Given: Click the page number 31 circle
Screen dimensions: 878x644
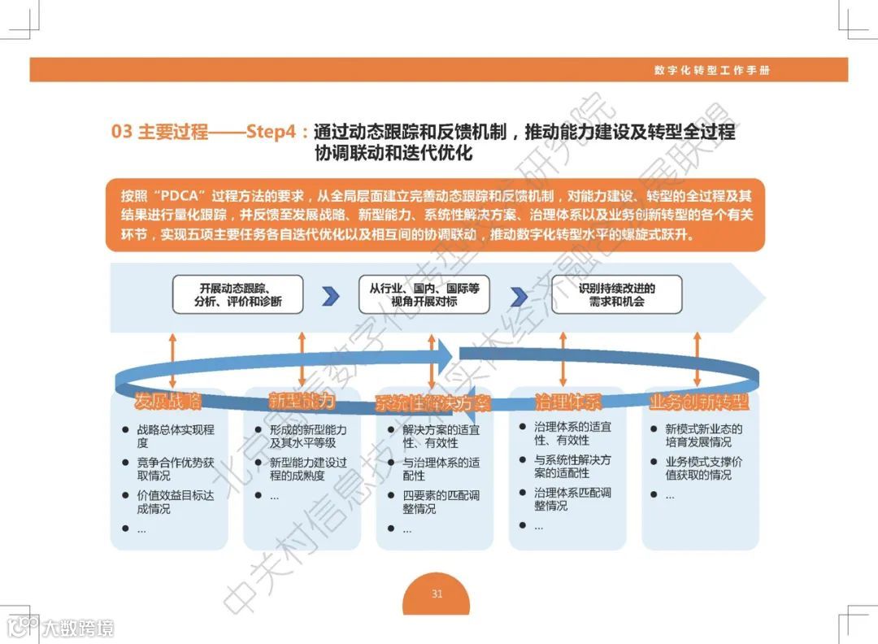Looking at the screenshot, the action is click(x=437, y=594).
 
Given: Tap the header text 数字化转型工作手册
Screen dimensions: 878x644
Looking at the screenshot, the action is click(x=711, y=70).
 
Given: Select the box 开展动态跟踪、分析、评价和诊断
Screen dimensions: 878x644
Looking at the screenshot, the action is click(x=237, y=294).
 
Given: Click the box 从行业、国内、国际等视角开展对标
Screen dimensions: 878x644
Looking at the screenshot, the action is click(x=424, y=294).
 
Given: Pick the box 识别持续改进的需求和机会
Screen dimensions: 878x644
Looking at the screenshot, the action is click(x=616, y=294).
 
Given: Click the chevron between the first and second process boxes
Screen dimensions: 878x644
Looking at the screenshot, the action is click(x=330, y=296).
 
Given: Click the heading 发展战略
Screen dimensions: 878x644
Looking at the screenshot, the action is click(x=168, y=401).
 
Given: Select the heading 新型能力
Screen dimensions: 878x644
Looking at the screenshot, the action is click(x=302, y=401).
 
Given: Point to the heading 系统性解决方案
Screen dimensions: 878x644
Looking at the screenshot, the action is click(x=433, y=403).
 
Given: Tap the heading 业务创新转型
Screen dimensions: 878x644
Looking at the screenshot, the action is click(x=699, y=402).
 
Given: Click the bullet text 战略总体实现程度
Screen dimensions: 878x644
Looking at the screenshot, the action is click(x=176, y=436).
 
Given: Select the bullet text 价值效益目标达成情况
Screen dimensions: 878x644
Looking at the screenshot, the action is click(x=176, y=502).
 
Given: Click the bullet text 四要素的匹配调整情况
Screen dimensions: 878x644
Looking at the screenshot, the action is click(x=441, y=502).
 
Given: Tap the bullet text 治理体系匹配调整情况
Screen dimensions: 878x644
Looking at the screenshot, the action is click(x=572, y=499).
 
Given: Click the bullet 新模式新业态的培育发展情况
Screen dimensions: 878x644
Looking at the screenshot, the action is click(x=703, y=436).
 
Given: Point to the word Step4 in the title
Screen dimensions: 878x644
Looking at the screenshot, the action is click(x=271, y=132).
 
